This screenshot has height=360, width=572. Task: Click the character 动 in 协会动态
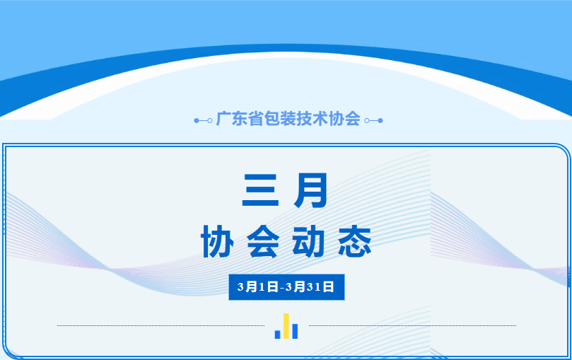(x=308, y=243)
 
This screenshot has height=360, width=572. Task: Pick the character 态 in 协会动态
(x=354, y=243)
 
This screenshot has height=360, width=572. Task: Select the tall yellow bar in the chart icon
(x=286, y=326)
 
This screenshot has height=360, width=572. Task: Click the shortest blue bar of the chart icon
(x=278, y=334)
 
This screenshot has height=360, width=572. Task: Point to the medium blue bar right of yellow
(x=295, y=331)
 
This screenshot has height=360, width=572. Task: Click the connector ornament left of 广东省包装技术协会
(x=203, y=120)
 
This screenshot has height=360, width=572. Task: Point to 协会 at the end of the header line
(x=343, y=119)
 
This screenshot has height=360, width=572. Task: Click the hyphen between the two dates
(x=282, y=287)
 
